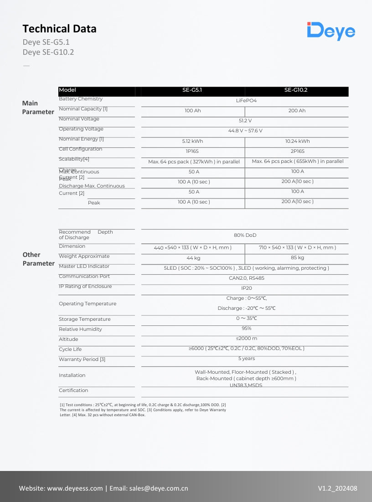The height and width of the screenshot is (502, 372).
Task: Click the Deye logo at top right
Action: (x=331, y=31)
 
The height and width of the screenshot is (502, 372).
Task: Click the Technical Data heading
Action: (x=59, y=29)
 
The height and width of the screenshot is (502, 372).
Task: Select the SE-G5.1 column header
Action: (x=192, y=90)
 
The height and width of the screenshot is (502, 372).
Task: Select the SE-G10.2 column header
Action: (x=296, y=90)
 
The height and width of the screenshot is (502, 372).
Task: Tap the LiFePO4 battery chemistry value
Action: (x=246, y=100)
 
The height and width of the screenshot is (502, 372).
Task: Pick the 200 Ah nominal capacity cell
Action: (x=297, y=111)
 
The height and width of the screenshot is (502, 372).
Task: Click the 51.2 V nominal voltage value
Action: (x=245, y=120)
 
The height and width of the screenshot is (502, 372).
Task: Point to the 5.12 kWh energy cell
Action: (x=192, y=141)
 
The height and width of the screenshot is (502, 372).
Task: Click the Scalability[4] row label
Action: (x=74, y=159)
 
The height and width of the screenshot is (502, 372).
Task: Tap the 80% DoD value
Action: (x=245, y=235)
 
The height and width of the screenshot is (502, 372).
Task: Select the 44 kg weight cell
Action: (x=193, y=258)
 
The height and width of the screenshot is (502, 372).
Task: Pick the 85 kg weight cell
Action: (x=297, y=258)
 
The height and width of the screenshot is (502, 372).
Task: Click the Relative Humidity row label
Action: (x=80, y=329)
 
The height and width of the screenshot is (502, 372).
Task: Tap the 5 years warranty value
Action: (x=246, y=358)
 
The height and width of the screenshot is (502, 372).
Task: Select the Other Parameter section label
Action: (x=38, y=259)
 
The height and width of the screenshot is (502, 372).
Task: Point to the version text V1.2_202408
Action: (x=337, y=488)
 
